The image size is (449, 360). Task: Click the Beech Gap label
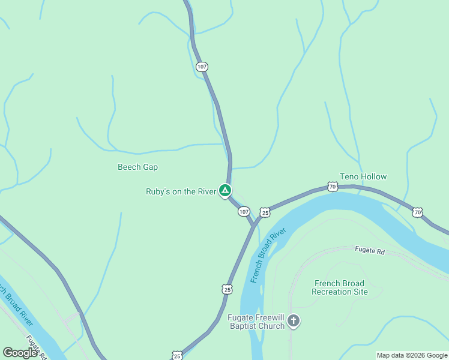tap(137, 167)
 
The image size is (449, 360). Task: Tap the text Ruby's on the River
tap(181, 192)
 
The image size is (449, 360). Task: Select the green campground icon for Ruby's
tap(224, 191)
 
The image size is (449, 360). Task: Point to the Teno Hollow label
tap(363, 176)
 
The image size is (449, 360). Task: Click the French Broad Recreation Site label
tap(340, 287)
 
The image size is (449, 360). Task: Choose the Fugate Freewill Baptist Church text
tap(256, 322)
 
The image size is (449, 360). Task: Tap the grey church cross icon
tap(294, 321)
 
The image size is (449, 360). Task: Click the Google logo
tap(20, 353)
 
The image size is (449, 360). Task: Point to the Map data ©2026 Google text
tap(411, 355)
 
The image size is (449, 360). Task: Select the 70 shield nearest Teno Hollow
tap(333, 187)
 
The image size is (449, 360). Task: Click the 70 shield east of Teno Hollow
tap(417, 212)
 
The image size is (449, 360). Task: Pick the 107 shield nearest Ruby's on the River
tap(243, 212)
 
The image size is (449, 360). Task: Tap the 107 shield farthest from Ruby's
tap(202, 67)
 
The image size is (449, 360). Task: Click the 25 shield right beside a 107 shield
tap(265, 212)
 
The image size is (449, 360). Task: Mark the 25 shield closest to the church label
tap(227, 289)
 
